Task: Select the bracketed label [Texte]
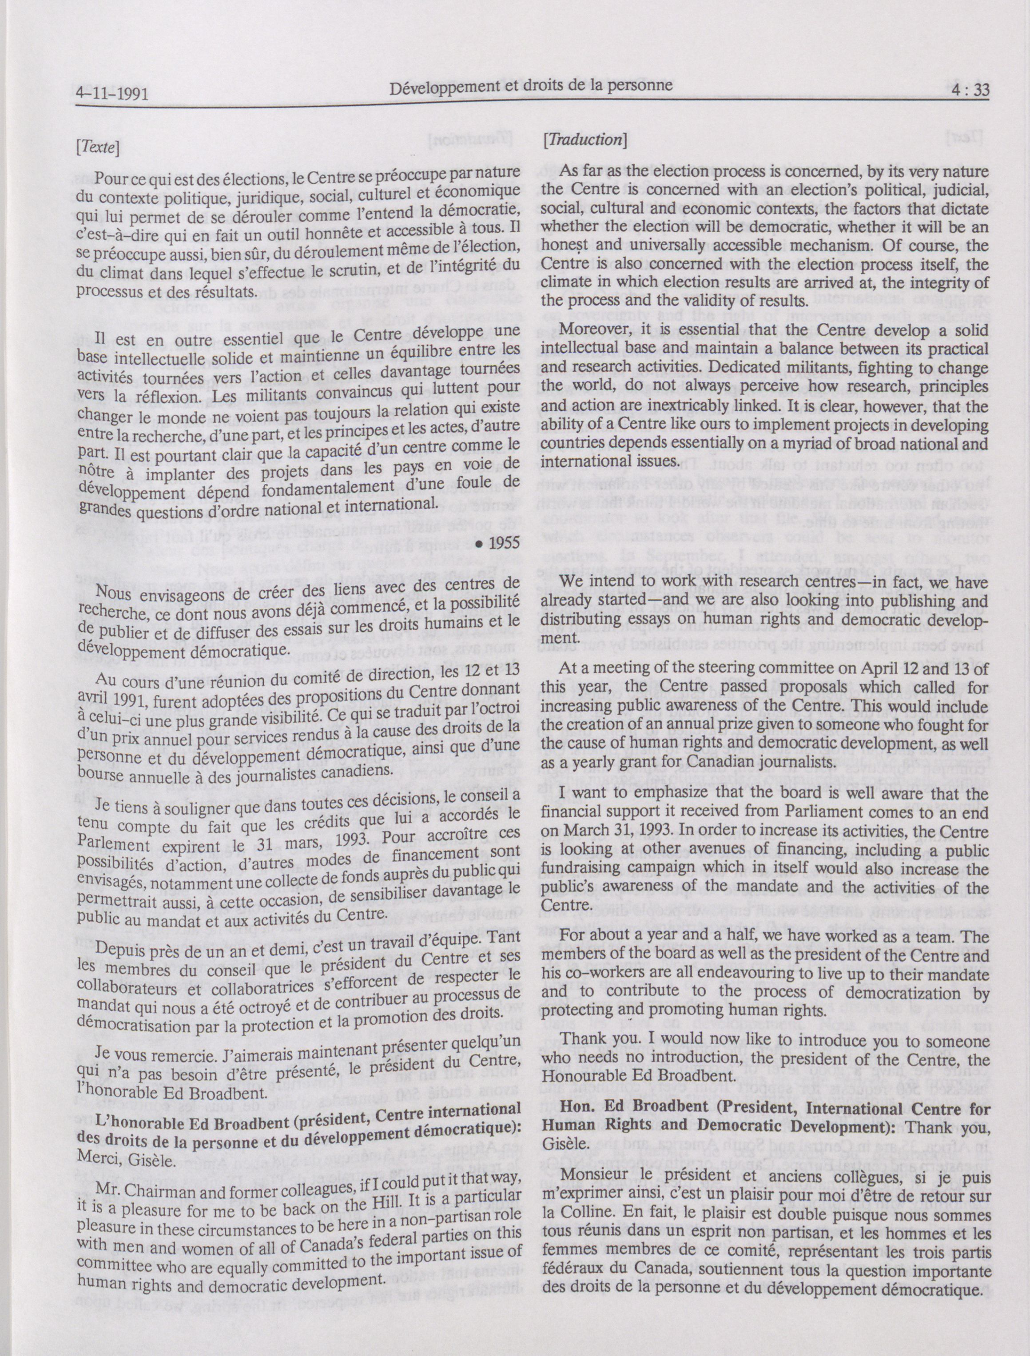[96, 148]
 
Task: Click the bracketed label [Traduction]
[584, 140]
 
